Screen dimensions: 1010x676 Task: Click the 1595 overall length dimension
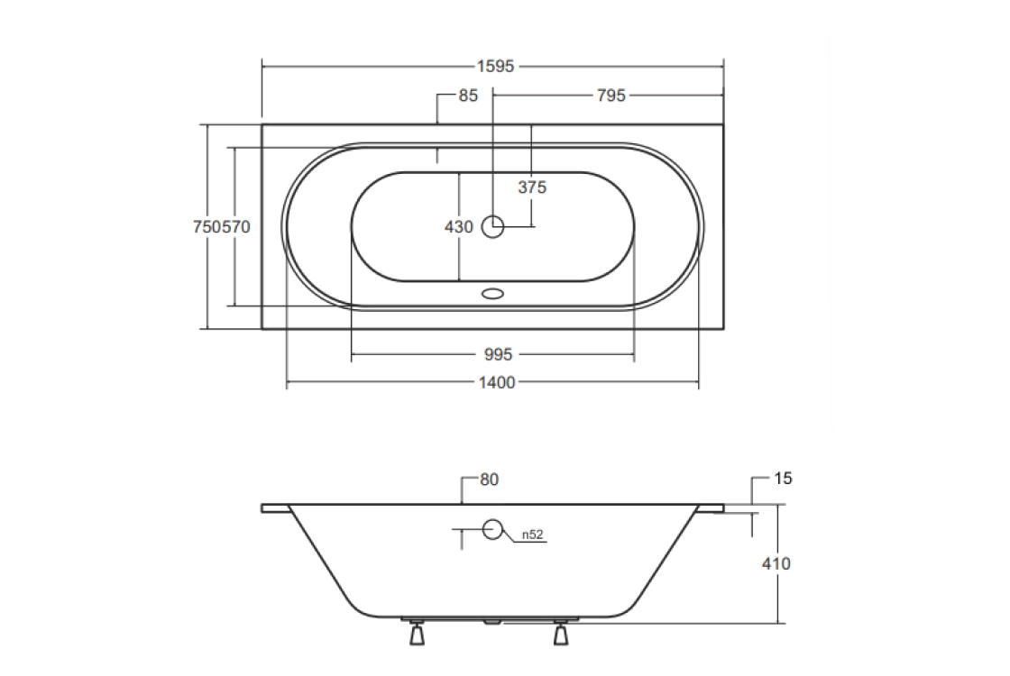[x=495, y=67]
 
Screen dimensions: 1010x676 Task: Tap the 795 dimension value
[x=611, y=96]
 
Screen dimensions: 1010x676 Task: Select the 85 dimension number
[x=468, y=96]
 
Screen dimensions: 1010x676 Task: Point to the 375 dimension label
[x=532, y=187]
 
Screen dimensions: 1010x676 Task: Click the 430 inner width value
[x=459, y=226]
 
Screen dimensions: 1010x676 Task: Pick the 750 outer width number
[x=207, y=226]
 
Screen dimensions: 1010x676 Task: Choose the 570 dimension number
[x=236, y=226]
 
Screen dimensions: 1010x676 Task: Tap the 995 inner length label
[x=498, y=354]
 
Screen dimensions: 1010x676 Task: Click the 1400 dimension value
[x=497, y=383]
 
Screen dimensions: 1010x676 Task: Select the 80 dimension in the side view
[x=490, y=480]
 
